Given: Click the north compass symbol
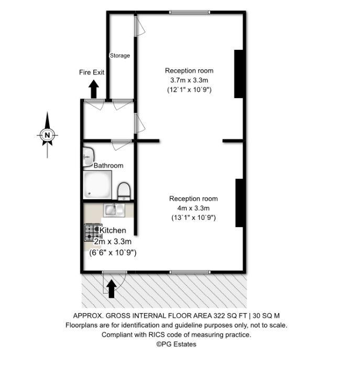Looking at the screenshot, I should point(47,135).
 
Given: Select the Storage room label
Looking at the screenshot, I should point(119,56).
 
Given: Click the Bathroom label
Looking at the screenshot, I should point(108,166).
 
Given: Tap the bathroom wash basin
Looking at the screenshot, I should point(88,156).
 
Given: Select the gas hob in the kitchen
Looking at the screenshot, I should point(92,232).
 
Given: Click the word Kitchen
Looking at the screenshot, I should point(113,230).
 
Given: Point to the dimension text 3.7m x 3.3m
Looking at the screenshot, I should point(189,80).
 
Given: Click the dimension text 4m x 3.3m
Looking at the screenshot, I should point(193,208).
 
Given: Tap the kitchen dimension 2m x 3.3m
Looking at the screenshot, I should point(113,242).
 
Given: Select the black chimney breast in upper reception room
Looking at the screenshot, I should point(238,73).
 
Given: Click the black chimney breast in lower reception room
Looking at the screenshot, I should point(239,202).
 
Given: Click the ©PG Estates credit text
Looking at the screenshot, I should point(177,344).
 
